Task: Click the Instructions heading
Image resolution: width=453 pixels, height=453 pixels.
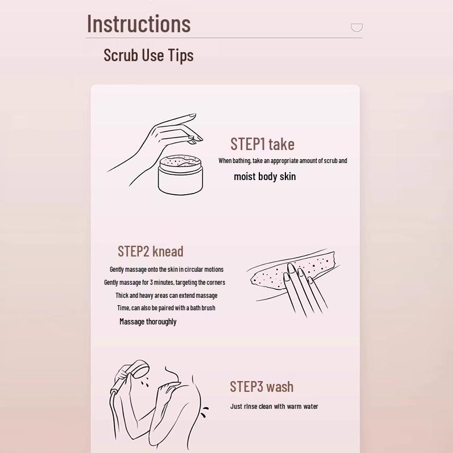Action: (x=139, y=24)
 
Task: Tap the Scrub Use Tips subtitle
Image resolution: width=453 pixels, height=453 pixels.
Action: (x=148, y=55)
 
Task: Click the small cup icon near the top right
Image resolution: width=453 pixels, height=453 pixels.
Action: (x=357, y=27)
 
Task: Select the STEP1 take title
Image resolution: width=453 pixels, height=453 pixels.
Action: (x=262, y=144)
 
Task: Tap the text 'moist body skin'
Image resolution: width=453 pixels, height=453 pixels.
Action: (x=264, y=177)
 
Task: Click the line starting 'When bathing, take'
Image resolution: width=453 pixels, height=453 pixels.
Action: (x=283, y=161)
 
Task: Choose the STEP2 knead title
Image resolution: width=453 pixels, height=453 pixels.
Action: (x=151, y=251)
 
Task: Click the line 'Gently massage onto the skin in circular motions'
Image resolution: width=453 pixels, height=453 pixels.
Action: (x=166, y=270)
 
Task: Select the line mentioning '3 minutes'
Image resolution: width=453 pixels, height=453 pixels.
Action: (x=164, y=283)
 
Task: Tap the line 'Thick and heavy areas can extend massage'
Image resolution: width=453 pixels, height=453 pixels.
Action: (x=166, y=296)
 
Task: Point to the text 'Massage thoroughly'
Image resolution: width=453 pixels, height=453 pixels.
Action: (x=148, y=322)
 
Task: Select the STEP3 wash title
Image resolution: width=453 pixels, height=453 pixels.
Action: (x=262, y=387)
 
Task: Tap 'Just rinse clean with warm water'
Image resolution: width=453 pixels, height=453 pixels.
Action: (x=274, y=407)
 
